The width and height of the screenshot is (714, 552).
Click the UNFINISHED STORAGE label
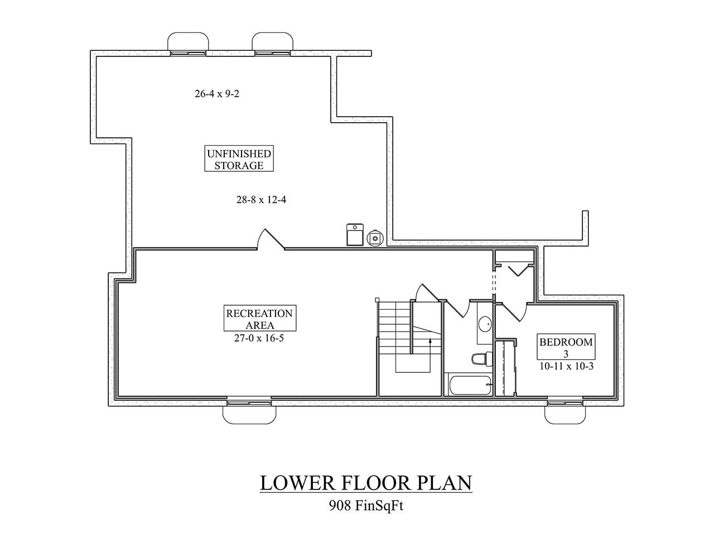[239, 160]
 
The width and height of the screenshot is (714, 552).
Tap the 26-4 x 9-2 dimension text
[217, 94]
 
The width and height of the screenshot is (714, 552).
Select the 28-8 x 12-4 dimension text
[262, 199]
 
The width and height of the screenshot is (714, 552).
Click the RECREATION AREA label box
[259, 318]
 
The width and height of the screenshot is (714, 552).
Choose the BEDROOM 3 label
[565, 347]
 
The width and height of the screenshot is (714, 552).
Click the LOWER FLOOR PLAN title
[366, 483]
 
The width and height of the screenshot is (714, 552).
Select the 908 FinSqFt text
[365, 506]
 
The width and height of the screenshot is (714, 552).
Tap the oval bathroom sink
[485, 323]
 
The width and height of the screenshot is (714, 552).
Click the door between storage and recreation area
[271, 240]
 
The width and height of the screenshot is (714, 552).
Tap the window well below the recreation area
[249, 412]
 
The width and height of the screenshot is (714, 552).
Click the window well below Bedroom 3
[565, 412]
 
